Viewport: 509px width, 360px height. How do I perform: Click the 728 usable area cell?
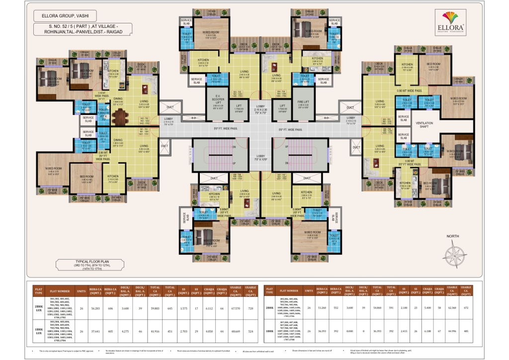coord(251,307)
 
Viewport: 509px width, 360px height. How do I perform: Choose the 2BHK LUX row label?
coord(38,307)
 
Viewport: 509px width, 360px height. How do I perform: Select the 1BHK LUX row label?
coord(38,331)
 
